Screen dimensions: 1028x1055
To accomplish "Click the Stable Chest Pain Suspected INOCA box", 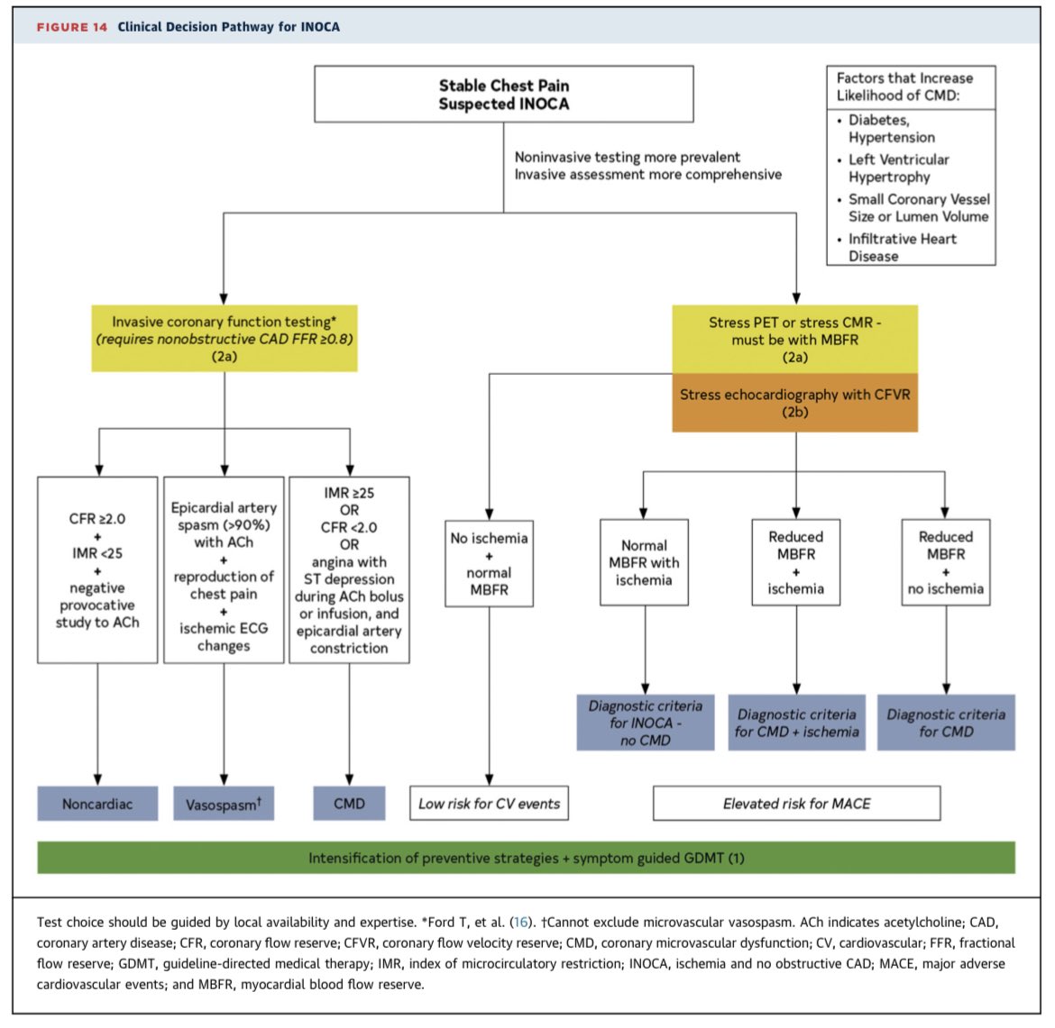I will point(503,94).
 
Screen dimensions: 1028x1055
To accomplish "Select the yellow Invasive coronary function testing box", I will point(224,339).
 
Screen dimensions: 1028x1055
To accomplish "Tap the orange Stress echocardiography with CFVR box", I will point(794,403).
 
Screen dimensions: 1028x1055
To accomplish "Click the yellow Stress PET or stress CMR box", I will point(794,339).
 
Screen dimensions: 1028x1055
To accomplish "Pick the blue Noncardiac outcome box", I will point(97,804).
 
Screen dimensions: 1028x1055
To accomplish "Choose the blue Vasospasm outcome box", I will point(224,804).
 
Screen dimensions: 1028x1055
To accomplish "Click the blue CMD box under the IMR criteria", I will point(349,804).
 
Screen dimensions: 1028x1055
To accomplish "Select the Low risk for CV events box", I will point(489,804).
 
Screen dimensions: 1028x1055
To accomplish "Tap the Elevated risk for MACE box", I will point(796,804).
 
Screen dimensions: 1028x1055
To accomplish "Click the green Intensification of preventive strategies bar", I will point(526,858).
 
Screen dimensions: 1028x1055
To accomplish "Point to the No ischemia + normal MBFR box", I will point(489,563).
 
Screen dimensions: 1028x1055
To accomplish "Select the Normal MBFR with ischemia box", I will point(644,562).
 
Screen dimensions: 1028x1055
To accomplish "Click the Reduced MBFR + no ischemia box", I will point(945,562).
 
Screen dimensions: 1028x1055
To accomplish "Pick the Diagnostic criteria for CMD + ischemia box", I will point(796,723).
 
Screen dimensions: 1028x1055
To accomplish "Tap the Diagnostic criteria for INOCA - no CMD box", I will point(645,723).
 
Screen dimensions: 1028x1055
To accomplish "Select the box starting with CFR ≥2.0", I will point(97,570).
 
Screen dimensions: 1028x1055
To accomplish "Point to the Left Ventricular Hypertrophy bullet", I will point(898,168).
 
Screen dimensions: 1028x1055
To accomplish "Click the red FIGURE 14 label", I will point(71,27).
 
